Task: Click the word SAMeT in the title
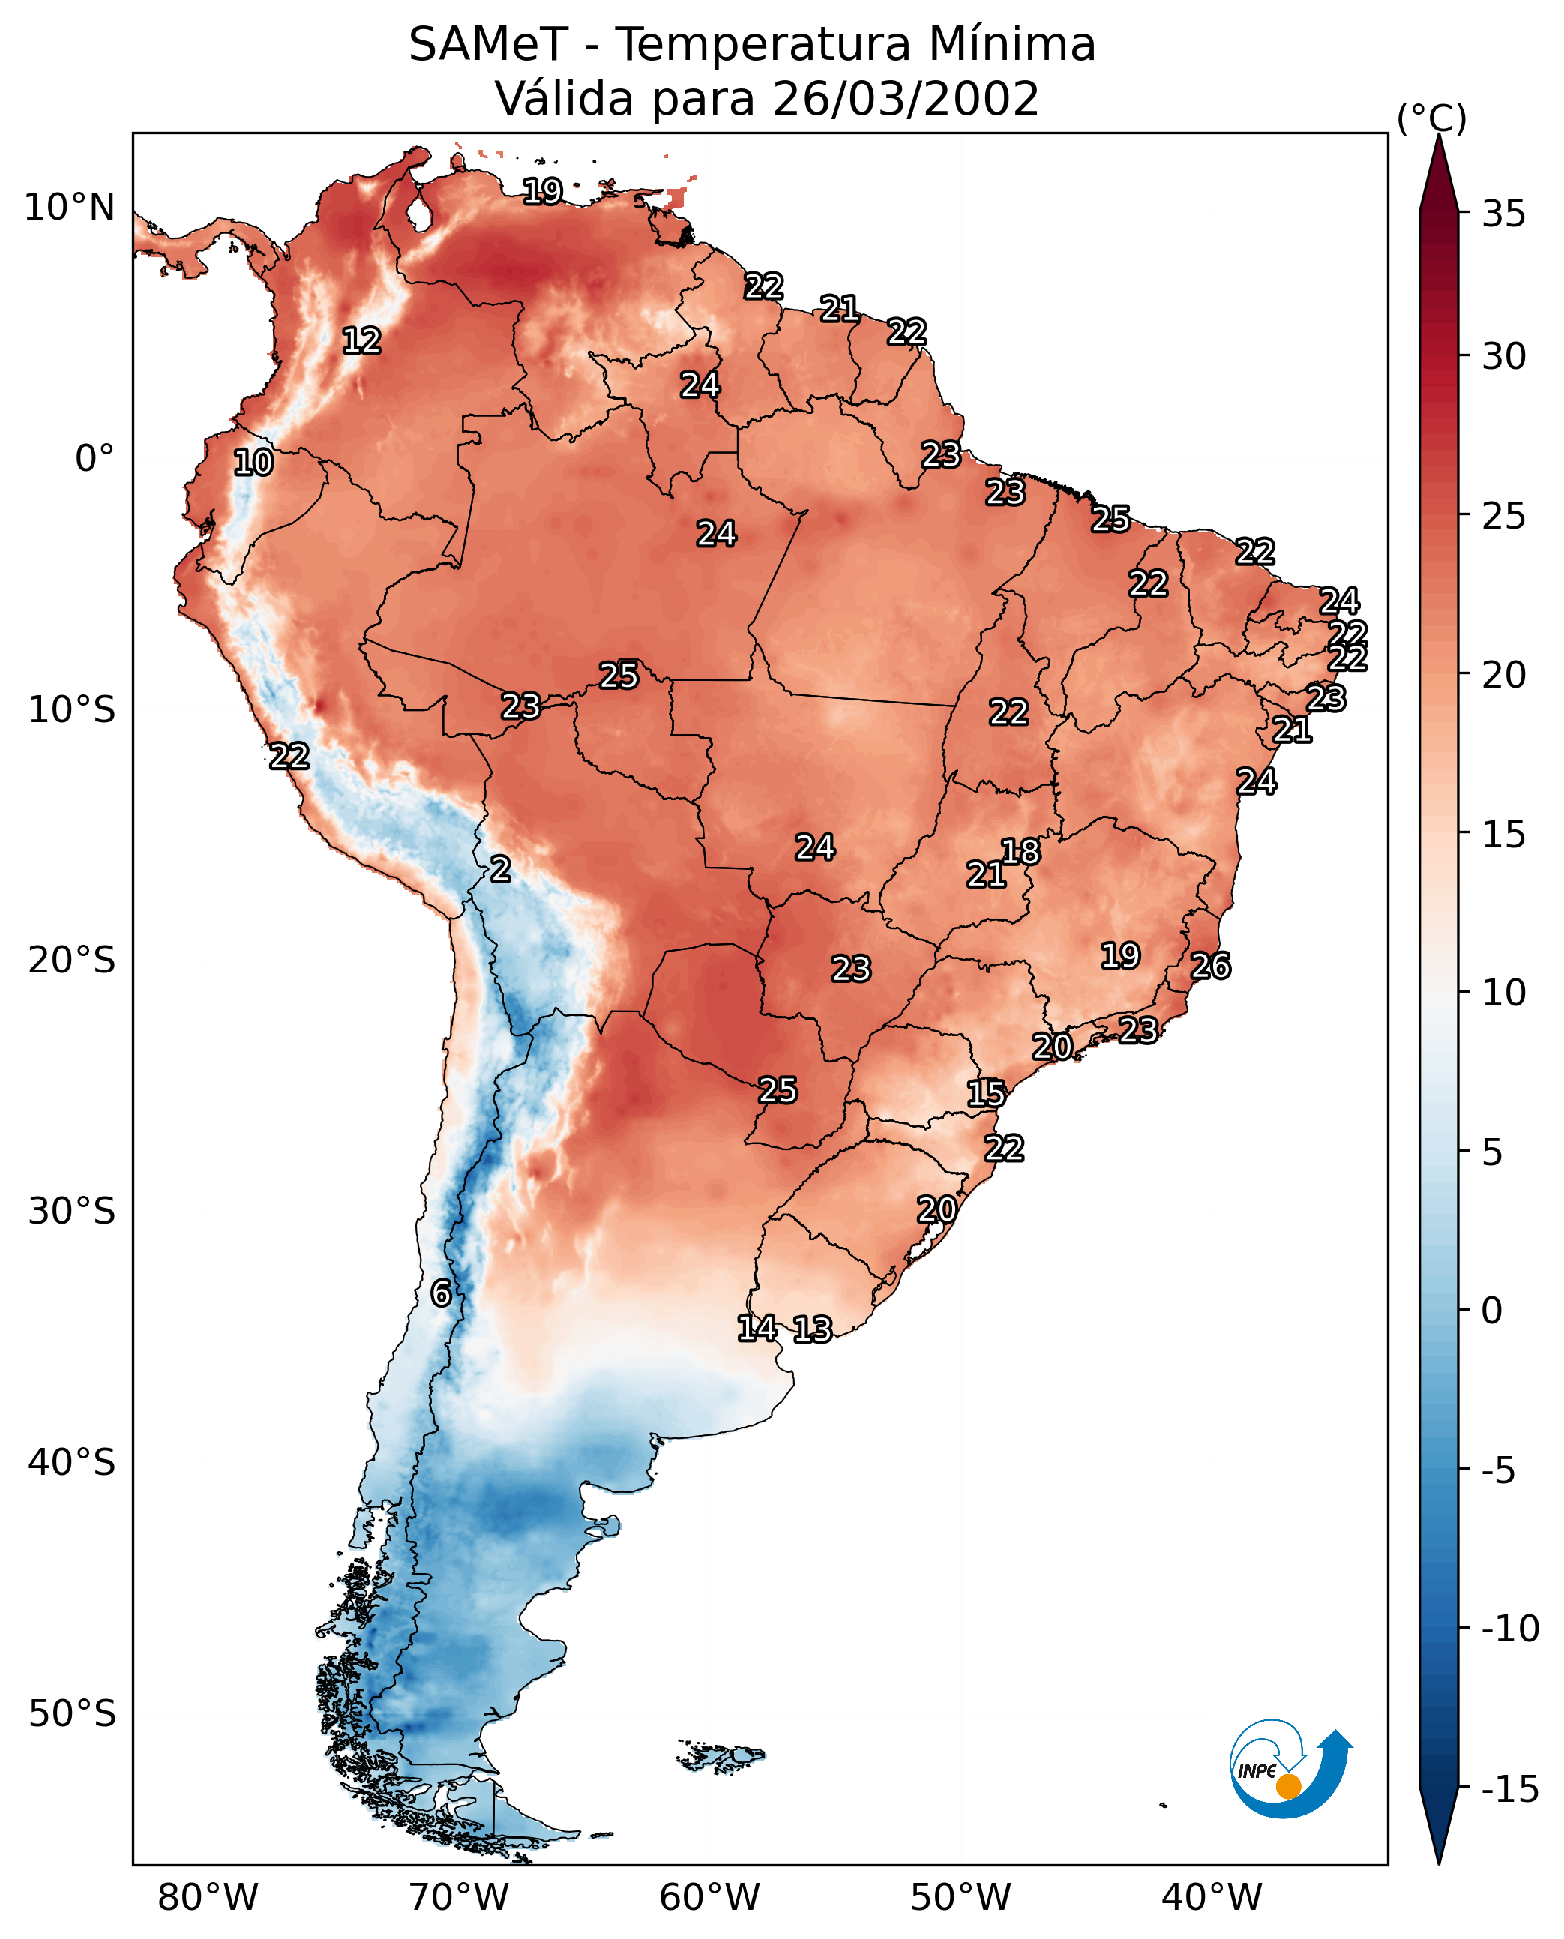click(x=488, y=44)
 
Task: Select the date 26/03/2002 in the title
click(x=906, y=98)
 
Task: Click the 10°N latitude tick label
click(x=70, y=208)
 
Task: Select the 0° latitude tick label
click(x=94, y=459)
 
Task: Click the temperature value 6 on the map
click(x=441, y=1293)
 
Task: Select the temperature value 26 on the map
click(x=1211, y=966)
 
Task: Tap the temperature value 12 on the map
click(x=361, y=340)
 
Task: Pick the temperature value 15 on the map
click(x=987, y=1094)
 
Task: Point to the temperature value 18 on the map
click(x=1020, y=852)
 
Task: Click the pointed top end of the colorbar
click(x=1439, y=135)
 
